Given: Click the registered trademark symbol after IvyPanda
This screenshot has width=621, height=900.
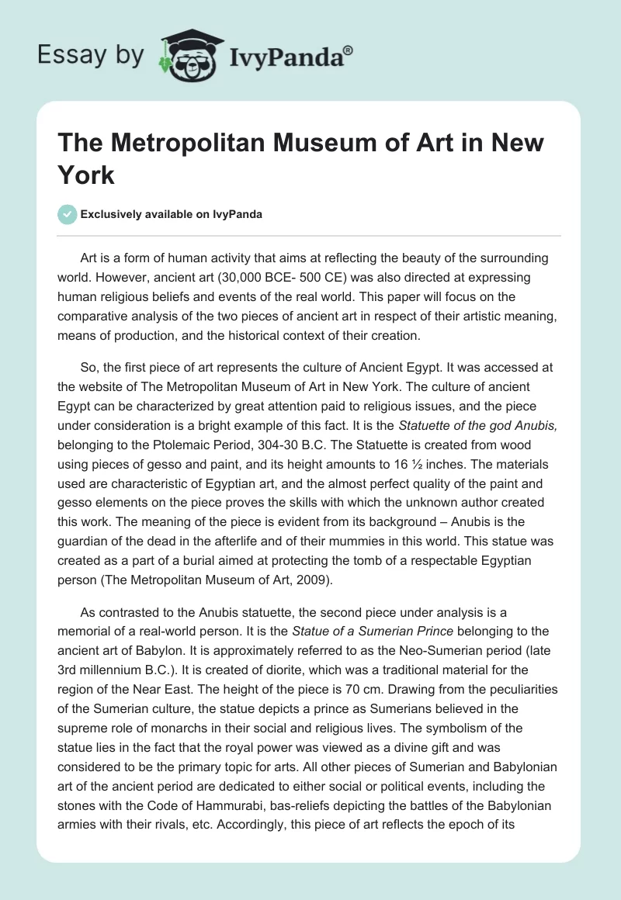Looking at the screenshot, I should click(x=349, y=50).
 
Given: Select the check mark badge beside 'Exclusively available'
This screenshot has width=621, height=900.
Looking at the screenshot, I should click(x=68, y=214).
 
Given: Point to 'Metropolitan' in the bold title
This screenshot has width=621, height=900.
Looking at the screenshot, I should click(x=175, y=144).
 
